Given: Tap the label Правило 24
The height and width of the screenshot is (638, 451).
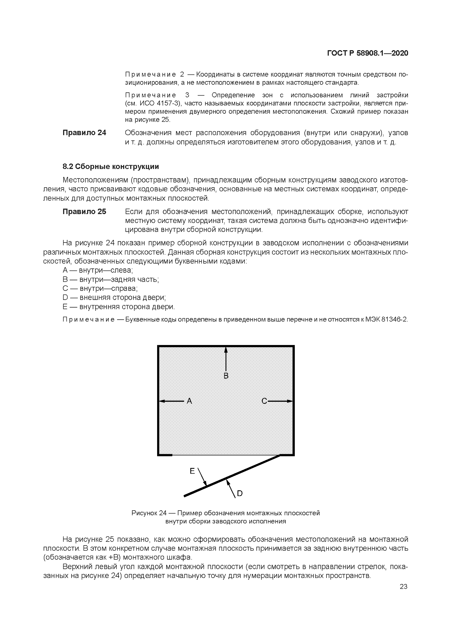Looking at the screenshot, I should coord(84,133).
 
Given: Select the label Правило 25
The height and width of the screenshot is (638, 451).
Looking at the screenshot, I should coord(84,212).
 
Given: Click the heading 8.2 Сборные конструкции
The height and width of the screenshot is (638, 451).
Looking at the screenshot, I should coord(111,167).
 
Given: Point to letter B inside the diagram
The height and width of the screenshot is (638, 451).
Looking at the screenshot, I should coord(226,376).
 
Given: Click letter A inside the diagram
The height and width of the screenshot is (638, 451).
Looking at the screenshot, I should coord(189,401).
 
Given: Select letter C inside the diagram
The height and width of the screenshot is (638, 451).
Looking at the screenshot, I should coord(264,401).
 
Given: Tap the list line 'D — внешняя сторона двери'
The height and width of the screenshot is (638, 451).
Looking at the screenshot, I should coord(114,298).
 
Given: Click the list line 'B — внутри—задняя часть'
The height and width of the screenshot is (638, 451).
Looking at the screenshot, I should coord(111,279).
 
